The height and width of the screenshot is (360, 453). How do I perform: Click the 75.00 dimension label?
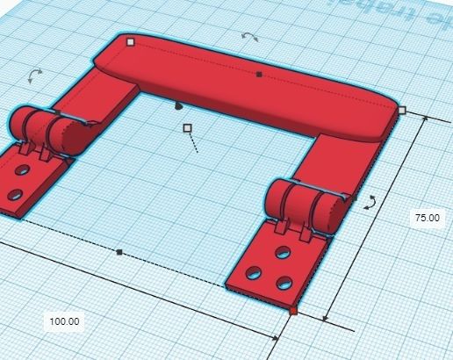click(427, 216)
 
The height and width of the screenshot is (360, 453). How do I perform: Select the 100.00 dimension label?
click(64, 321)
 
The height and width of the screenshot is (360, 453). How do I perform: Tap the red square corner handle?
click(293, 310)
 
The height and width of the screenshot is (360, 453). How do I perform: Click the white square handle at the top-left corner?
click(131, 41)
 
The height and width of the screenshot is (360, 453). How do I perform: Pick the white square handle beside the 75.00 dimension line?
click(402, 111)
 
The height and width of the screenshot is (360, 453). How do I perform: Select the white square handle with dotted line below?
click(187, 128)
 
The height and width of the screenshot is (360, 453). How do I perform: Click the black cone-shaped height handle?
click(177, 105)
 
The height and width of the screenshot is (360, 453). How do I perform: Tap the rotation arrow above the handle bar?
click(250, 37)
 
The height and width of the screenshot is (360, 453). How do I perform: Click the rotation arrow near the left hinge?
click(34, 76)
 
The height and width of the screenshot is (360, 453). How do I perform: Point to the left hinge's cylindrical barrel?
click(47, 130)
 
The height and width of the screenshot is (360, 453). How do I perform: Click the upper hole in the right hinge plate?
click(283, 252)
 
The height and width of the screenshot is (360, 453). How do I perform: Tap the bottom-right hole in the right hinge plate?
click(284, 283)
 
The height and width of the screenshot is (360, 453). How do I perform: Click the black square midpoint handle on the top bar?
click(259, 75)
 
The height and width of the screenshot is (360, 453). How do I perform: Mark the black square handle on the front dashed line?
click(119, 252)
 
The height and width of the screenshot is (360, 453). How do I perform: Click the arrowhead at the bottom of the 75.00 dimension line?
click(327, 319)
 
